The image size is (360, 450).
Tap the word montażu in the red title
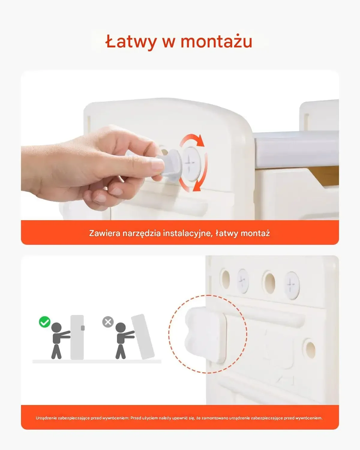(216, 41)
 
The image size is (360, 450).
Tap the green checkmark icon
(45, 328)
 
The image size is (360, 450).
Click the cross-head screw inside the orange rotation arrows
(190, 164)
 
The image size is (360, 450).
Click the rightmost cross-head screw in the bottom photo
(292, 285)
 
